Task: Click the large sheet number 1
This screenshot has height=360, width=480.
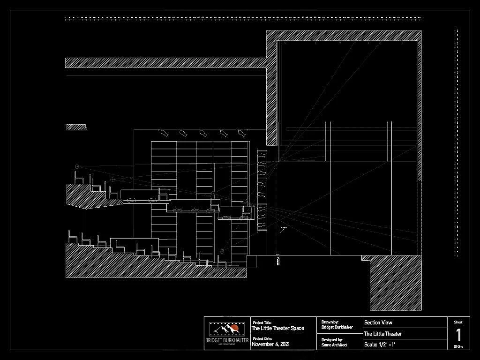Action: (x=458, y=335)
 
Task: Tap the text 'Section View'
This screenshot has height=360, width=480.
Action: (x=378, y=322)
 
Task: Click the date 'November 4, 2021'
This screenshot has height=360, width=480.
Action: (x=270, y=345)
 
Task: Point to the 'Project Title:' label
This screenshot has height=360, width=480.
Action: (x=262, y=322)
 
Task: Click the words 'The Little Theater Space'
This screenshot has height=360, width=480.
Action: (x=278, y=328)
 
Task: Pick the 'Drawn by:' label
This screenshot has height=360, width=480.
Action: (x=330, y=322)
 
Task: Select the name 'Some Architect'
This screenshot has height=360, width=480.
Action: (x=335, y=345)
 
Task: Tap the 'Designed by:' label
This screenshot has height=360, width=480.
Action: (x=332, y=339)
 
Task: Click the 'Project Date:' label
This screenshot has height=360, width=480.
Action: (x=262, y=338)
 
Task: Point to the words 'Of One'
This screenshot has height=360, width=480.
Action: (x=458, y=346)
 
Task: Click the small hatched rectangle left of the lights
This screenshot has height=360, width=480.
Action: (x=76, y=127)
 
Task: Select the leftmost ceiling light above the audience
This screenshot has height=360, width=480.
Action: (x=164, y=133)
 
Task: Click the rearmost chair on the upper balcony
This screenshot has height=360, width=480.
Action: (x=78, y=178)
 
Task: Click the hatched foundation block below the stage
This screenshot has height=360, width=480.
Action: (x=396, y=284)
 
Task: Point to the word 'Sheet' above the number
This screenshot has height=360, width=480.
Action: (x=458, y=322)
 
